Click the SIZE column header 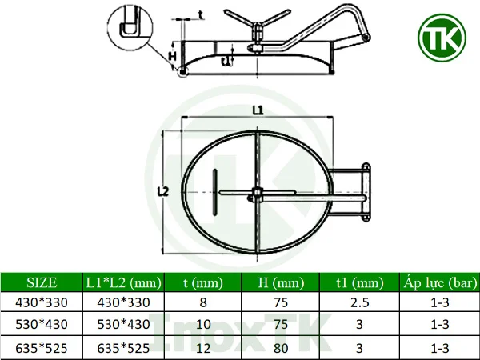coord(42,282)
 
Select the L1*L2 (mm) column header coord(124,282)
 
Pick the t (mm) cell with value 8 coord(203,303)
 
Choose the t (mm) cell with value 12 coord(203,348)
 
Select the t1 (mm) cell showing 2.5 coord(359,303)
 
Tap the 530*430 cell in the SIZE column coord(42,326)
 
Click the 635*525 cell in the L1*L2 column coord(124,348)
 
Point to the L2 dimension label coord(162,191)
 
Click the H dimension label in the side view coord(172,56)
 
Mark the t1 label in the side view coord(226,59)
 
